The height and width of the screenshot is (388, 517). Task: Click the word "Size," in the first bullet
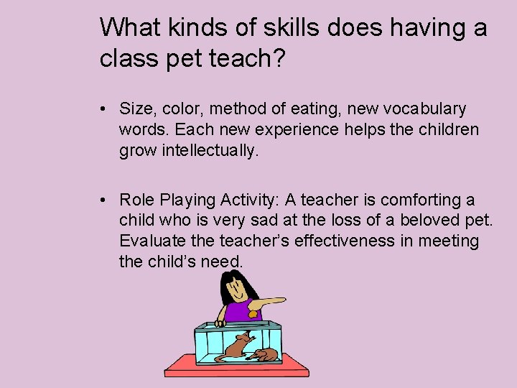click(136, 109)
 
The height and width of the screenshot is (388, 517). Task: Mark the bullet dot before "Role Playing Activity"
click(104, 200)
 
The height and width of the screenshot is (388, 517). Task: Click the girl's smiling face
click(237, 292)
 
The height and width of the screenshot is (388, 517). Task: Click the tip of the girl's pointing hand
click(281, 300)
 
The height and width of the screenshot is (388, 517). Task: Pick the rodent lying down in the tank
click(266, 354)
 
